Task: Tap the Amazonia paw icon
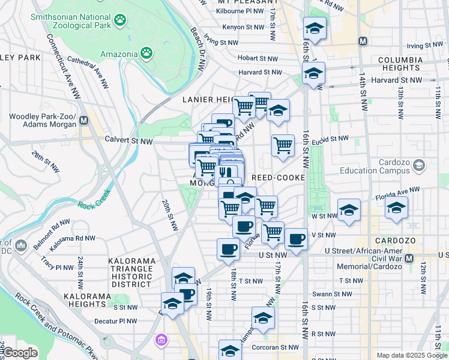(x=146, y=53)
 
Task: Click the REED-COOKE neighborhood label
(x=279, y=178)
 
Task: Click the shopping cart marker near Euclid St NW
(x=283, y=145)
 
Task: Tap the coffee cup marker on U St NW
(x=228, y=248)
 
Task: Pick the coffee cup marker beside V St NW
(x=296, y=238)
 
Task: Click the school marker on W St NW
(x=349, y=209)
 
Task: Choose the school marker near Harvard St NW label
(x=313, y=73)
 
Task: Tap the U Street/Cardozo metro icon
(x=409, y=258)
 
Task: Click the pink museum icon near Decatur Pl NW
(x=161, y=341)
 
